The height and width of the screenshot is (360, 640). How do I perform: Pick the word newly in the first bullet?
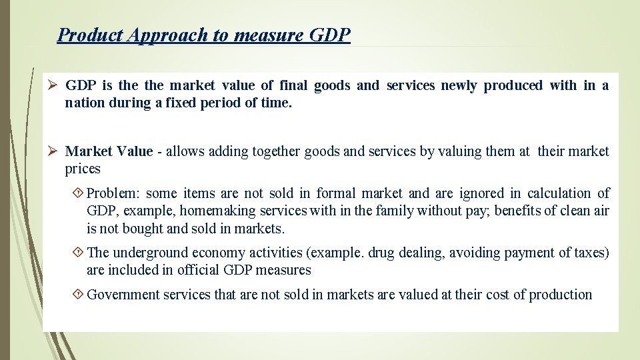(458, 85)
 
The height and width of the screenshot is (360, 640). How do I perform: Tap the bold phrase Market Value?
(109, 151)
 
